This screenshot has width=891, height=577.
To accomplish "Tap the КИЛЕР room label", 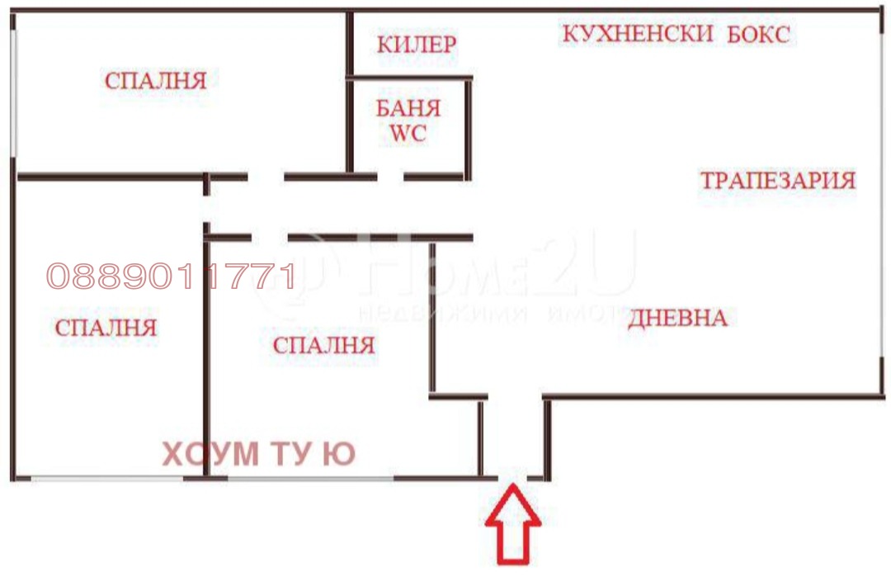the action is (x=416, y=44).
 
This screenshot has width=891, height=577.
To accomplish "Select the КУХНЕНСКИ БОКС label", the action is (x=676, y=35).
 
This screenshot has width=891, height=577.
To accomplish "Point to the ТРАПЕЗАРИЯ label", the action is (x=777, y=180).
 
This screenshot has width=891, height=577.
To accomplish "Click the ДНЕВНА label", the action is (x=677, y=318).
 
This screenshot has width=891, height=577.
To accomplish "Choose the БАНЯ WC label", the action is (x=408, y=121).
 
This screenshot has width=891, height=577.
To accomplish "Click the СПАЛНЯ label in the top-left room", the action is (x=155, y=81).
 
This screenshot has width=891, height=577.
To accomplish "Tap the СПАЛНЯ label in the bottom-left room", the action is (x=106, y=327).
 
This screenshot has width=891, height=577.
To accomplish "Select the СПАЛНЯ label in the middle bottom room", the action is (x=323, y=345).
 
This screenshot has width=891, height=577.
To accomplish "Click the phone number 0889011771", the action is (x=171, y=277).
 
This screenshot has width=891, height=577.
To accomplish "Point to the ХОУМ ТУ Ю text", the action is (x=258, y=455).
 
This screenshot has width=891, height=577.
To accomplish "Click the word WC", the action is (x=408, y=134).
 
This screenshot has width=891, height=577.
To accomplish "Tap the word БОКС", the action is (x=759, y=35).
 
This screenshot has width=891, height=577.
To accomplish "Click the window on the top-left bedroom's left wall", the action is (x=13, y=91).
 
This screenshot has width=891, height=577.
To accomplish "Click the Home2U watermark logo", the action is (x=495, y=272).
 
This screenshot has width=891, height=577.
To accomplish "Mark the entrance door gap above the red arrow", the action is (x=512, y=477).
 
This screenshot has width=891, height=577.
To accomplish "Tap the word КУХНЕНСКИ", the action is (x=637, y=35).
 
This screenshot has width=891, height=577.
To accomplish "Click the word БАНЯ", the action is (x=408, y=108).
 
